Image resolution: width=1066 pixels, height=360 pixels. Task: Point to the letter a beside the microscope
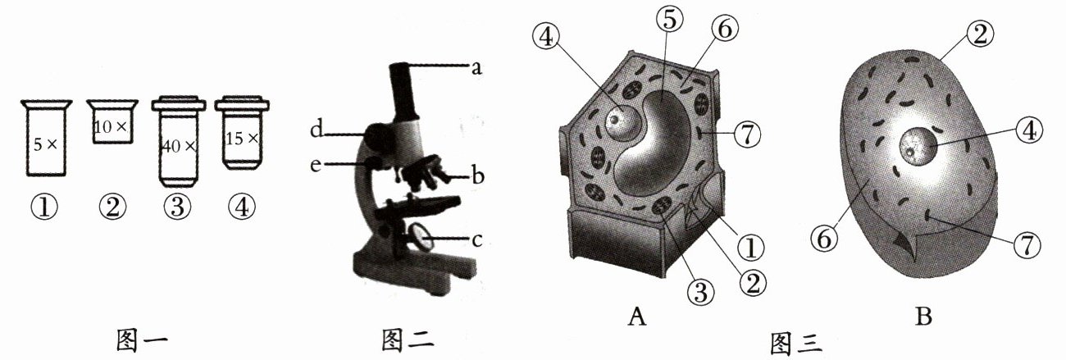tap(474, 67)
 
